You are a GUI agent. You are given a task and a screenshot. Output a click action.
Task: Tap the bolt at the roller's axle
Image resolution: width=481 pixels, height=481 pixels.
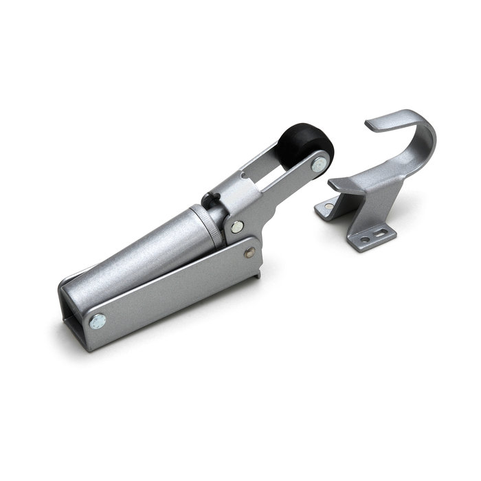[x=320, y=164]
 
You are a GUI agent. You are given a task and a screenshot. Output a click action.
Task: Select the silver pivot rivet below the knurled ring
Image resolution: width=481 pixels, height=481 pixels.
[x=236, y=226]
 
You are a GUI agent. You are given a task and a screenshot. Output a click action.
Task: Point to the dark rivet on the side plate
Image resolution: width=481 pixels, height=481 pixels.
[x=250, y=252]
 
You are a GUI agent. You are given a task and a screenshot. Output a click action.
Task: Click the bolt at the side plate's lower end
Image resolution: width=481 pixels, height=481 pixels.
[x=98, y=321]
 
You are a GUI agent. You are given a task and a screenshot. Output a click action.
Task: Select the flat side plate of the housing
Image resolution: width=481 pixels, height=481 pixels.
[x=172, y=289]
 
